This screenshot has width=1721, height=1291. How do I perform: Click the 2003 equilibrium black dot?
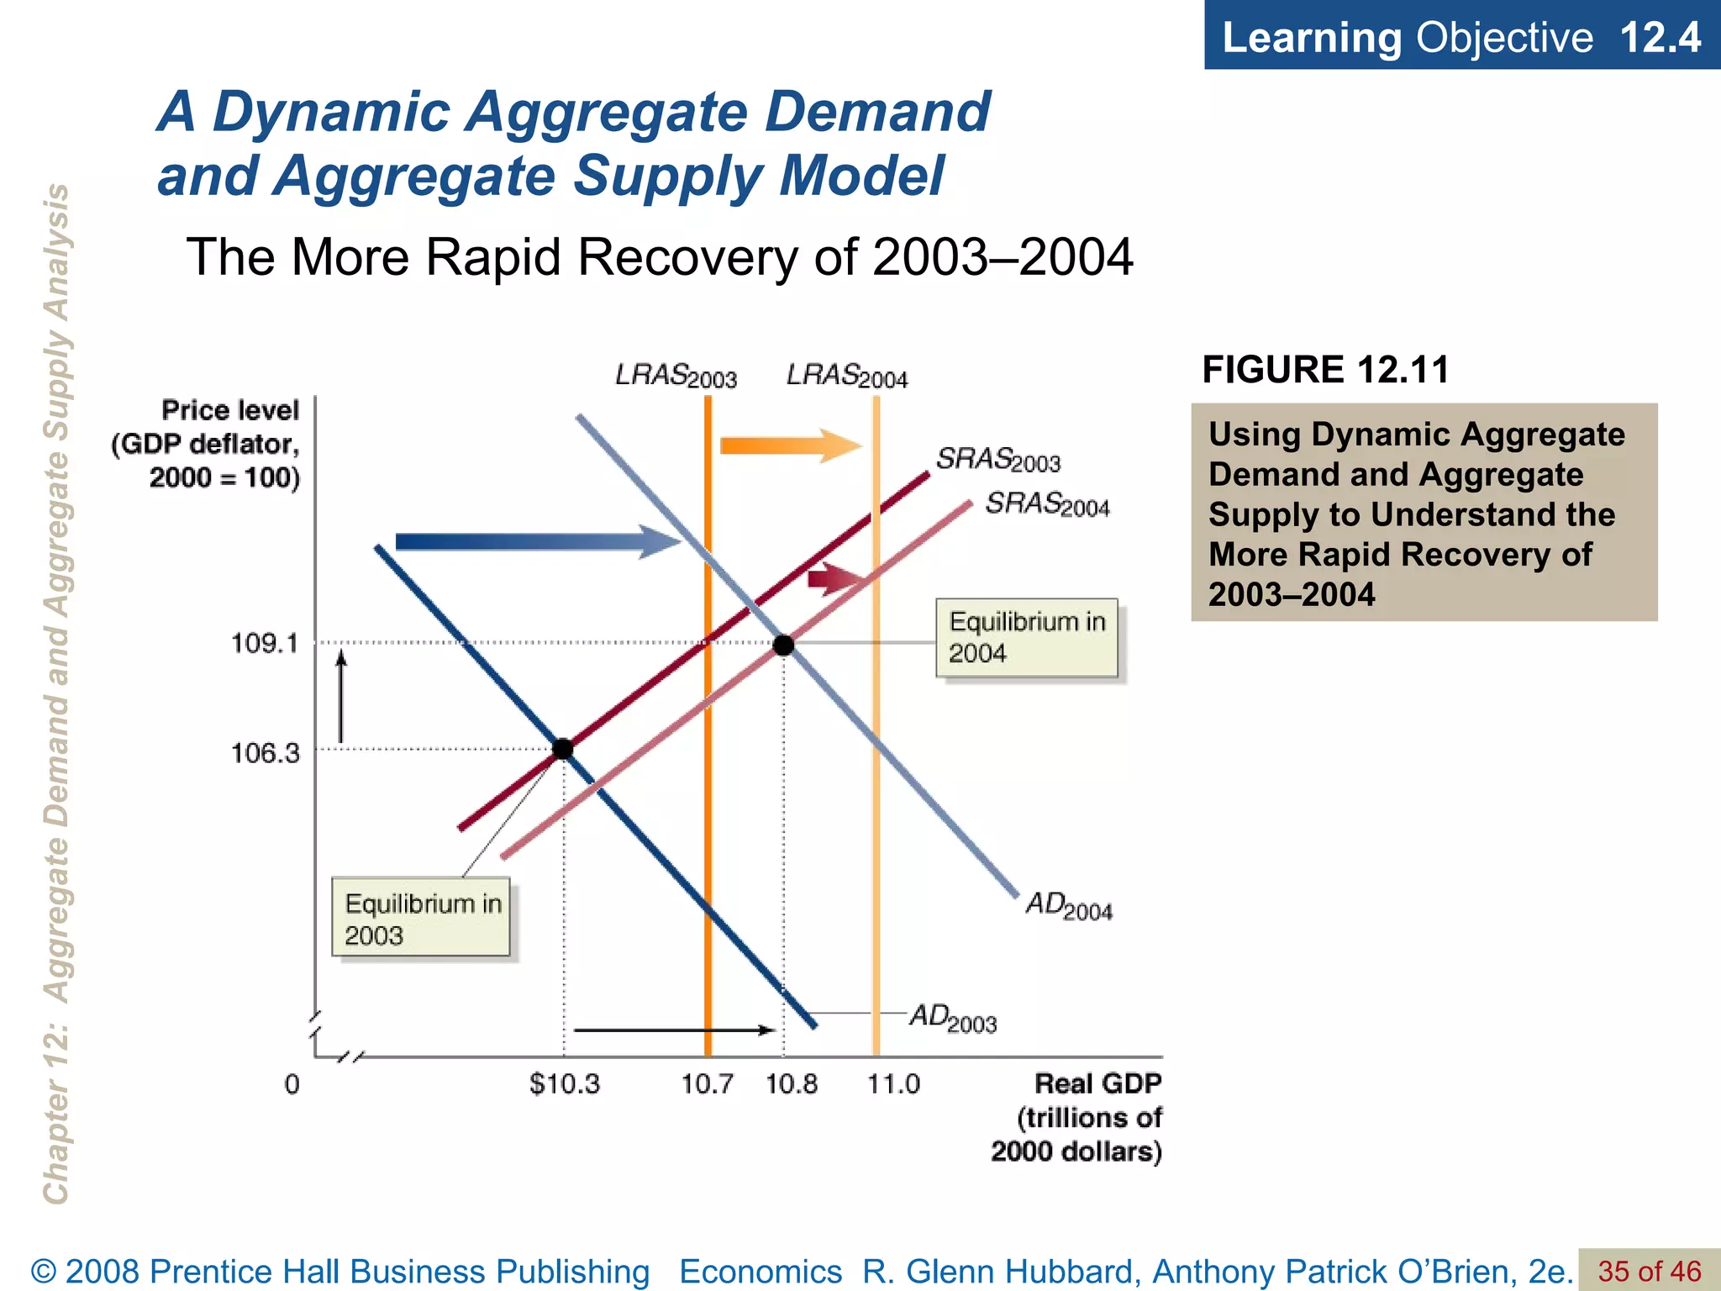pyautogui.click(x=563, y=749)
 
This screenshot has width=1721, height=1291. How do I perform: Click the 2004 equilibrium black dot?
pyautogui.click(x=783, y=645)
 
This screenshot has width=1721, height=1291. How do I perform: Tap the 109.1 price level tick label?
pyautogui.click(x=265, y=644)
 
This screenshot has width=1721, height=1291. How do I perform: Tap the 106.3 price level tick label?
pyautogui.click(x=265, y=752)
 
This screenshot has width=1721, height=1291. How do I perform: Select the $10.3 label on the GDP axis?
pyautogui.click(x=565, y=1084)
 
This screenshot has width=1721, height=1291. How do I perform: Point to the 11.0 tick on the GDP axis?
pyautogui.click(x=893, y=1084)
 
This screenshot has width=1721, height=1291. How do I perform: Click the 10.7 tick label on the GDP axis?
pyautogui.click(x=707, y=1084)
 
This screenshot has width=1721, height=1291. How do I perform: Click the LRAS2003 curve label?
pyautogui.click(x=676, y=376)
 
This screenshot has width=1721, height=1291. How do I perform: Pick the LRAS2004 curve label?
pyautogui.click(x=847, y=376)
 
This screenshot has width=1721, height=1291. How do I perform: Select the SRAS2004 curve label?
pyautogui.click(x=1047, y=504)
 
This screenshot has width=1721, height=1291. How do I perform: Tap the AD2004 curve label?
pyautogui.click(x=1069, y=906)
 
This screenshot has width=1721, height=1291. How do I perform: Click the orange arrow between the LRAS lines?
pyautogui.click(x=790, y=445)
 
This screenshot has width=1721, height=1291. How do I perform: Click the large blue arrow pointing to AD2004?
pyautogui.click(x=538, y=541)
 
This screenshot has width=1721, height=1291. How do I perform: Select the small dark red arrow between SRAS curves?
pyautogui.click(x=835, y=578)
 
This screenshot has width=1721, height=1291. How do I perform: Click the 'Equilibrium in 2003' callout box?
pyautogui.click(x=421, y=917)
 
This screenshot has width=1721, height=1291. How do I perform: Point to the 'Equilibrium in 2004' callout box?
pyautogui.click(x=1027, y=638)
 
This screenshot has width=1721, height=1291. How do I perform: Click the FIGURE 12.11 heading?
pyautogui.click(x=1326, y=370)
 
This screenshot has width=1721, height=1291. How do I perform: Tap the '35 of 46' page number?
pyautogui.click(x=1649, y=1271)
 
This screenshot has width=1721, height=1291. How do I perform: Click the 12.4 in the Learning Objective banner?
pyautogui.click(x=1660, y=37)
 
